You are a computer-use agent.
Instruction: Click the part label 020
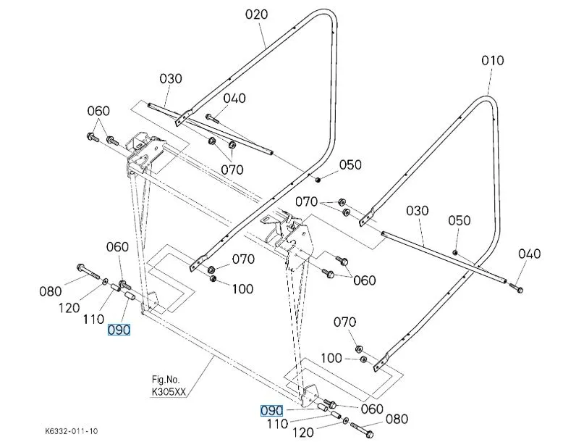(256, 14)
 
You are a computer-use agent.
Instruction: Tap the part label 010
(492, 61)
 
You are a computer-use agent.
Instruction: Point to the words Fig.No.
(165, 378)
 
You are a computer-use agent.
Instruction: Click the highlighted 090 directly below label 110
(119, 330)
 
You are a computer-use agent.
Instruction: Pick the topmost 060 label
(98, 111)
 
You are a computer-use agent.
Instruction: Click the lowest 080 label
(397, 419)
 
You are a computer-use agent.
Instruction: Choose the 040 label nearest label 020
(234, 99)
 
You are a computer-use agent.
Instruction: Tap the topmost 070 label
(232, 170)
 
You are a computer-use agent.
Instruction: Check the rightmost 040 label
(529, 254)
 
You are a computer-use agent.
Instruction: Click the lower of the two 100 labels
(332, 359)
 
